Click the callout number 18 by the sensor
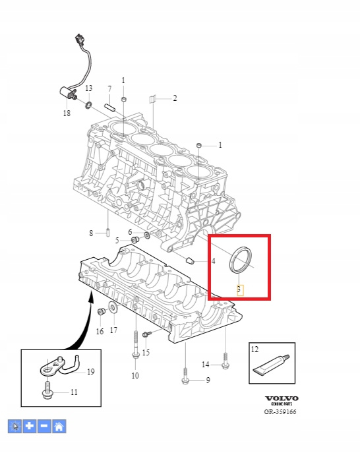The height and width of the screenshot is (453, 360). click(67, 113)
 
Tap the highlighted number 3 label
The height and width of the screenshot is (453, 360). click(239, 289)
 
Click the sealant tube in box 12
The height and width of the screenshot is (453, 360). click(271, 365)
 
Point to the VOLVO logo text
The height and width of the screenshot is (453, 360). click(282, 399)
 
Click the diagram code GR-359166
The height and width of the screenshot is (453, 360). click(280, 411)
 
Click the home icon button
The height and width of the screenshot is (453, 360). click(59, 426)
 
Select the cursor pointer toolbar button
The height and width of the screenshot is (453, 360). click(15, 426)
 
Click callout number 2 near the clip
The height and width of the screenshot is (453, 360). click(175, 98)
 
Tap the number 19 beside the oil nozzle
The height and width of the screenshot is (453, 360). click(91, 371)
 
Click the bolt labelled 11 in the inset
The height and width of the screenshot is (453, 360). click(47, 390)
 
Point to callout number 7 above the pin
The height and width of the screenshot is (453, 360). click(109, 89)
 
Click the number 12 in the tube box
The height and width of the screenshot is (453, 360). click(255, 349)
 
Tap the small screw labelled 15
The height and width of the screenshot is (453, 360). click(147, 334)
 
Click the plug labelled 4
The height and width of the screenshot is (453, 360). click(190, 260)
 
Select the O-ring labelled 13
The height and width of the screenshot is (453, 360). click(88, 105)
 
